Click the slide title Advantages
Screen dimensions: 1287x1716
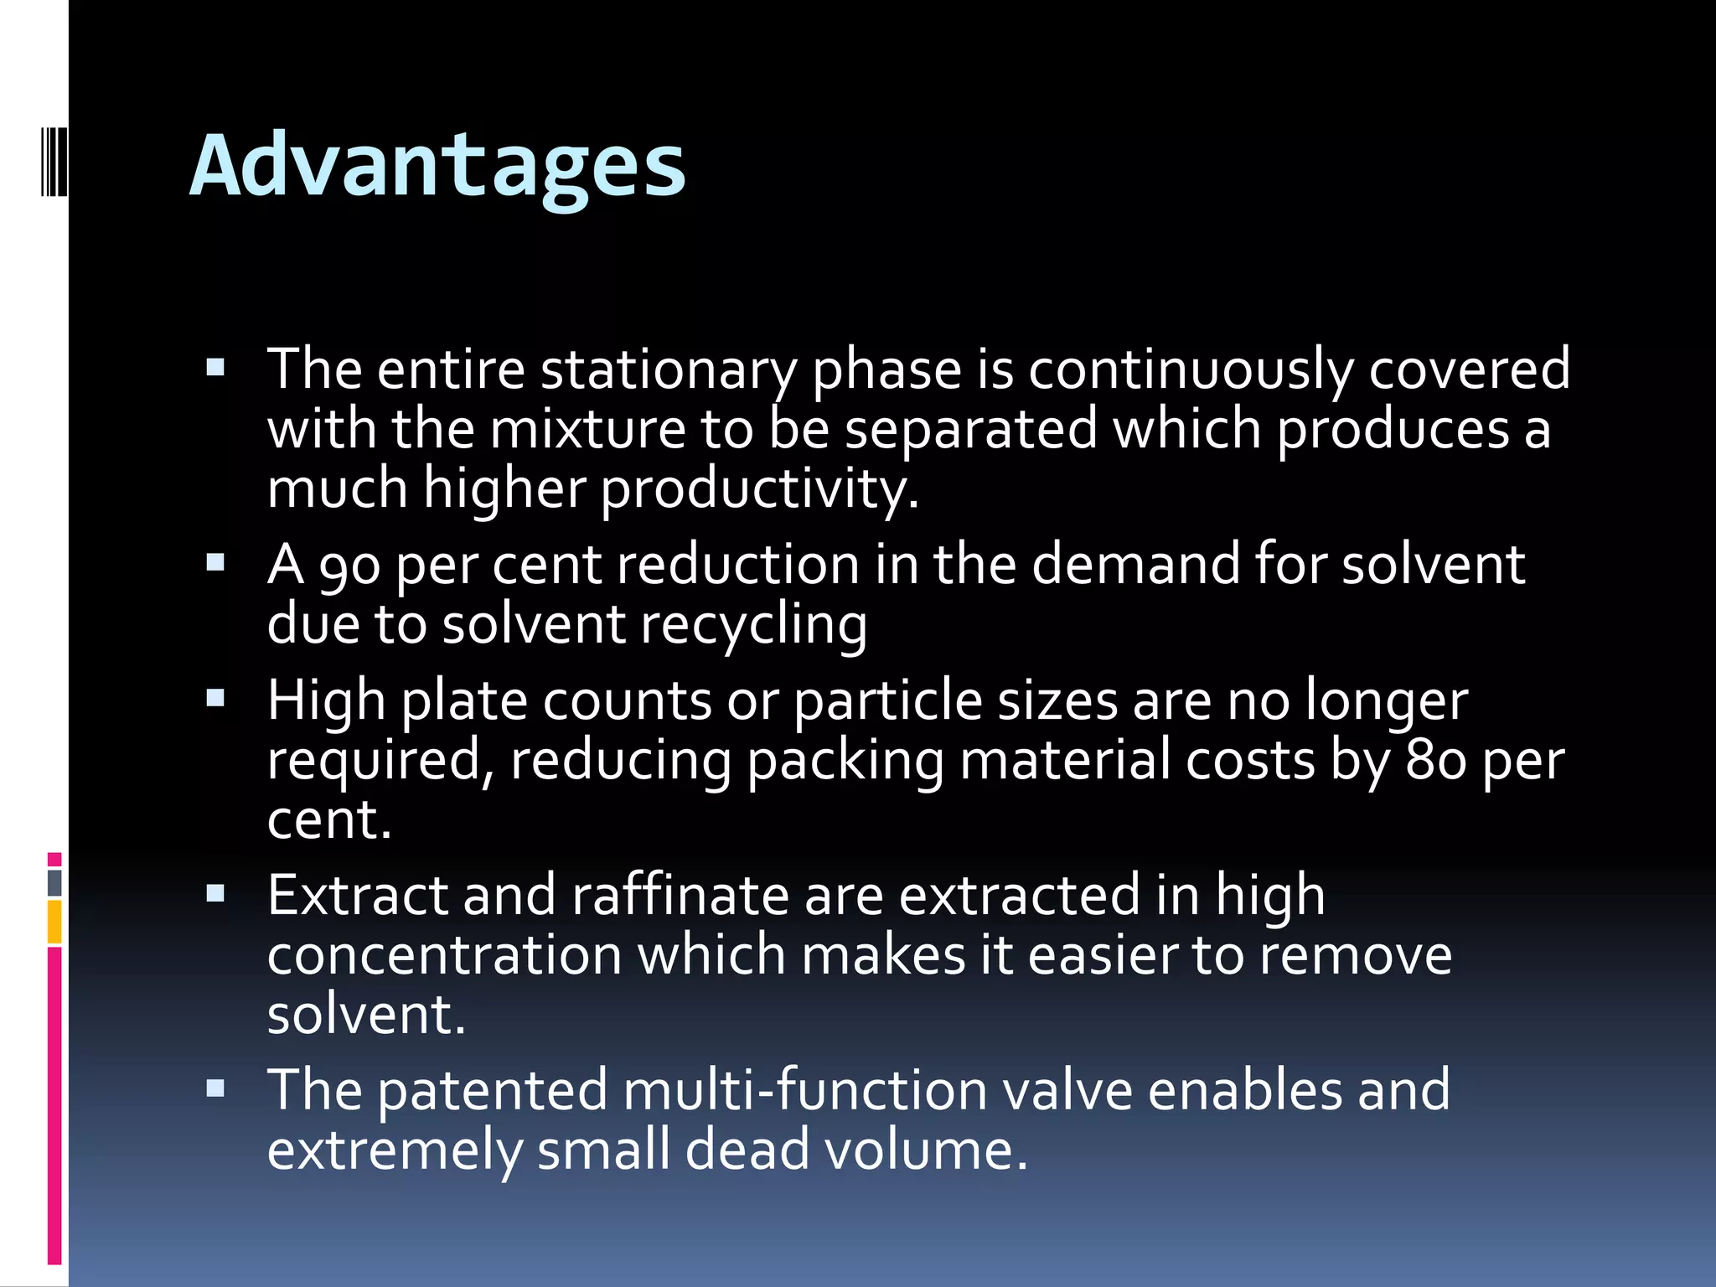click(437, 166)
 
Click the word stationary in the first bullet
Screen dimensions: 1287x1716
click(668, 370)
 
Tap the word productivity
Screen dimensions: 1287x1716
click(759, 488)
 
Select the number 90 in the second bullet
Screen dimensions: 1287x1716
click(349, 565)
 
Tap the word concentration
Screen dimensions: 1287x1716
click(444, 955)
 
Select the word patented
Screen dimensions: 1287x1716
click(492, 1090)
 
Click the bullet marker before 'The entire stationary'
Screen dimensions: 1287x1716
click(215, 367)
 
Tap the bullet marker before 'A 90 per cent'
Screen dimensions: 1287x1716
click(215, 561)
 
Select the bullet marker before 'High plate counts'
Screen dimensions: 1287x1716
click(215, 698)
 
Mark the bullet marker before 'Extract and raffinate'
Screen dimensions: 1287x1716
click(215, 893)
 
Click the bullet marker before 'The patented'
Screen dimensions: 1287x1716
click(215, 1088)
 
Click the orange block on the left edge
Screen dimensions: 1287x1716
click(54, 922)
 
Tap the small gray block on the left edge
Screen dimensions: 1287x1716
click(54, 883)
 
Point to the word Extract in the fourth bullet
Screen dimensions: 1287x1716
click(358, 895)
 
